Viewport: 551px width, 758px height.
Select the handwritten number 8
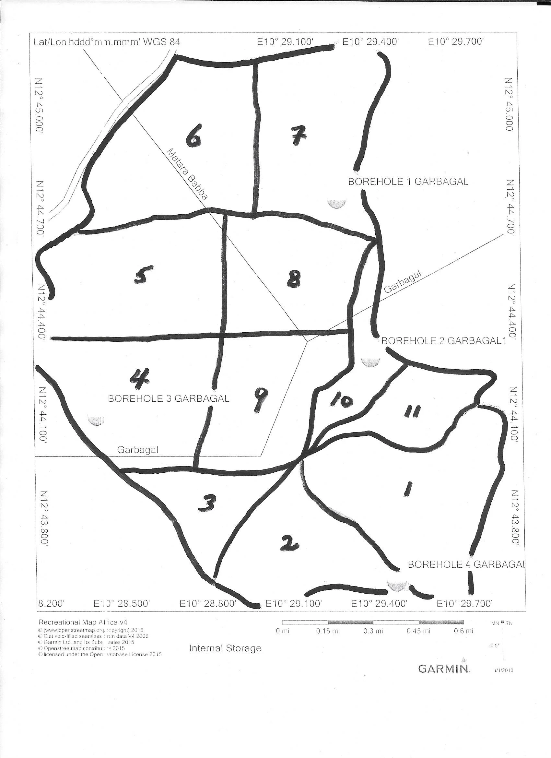click(294, 279)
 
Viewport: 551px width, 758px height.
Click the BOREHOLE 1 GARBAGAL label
click(408, 182)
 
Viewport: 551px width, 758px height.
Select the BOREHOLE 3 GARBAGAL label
click(169, 398)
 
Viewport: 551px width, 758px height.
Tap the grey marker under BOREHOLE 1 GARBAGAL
click(336, 203)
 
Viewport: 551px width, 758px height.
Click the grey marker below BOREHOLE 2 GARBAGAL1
click(370, 362)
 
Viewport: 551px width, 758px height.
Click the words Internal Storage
click(225, 648)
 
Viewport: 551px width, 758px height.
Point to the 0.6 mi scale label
click(464, 631)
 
